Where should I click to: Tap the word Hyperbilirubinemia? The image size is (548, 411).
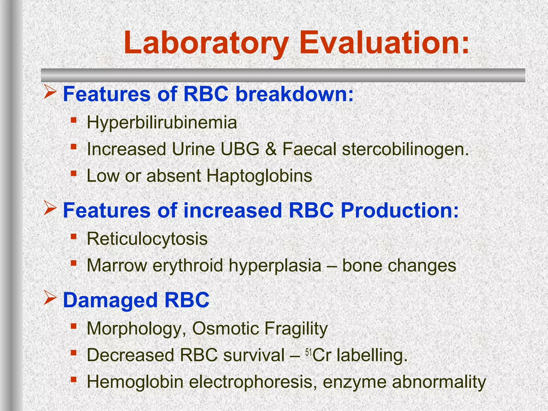coord(162,123)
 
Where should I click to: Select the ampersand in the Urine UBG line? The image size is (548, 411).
coord(271,149)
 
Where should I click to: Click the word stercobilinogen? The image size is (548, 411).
coord(405,149)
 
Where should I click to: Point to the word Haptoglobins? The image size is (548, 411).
coord(259,176)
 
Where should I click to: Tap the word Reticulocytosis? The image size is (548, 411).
coord(147,239)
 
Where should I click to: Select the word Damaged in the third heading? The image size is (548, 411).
coord(110,300)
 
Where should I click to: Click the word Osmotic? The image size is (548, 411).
coord(225,328)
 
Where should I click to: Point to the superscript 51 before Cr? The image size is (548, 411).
coord(309,353)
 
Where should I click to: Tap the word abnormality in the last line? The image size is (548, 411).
coord(439,382)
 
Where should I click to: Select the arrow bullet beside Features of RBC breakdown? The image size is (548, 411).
coord(50,92)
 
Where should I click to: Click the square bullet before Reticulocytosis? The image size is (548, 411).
coord(74,236)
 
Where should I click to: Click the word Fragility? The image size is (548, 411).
coord(296,328)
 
